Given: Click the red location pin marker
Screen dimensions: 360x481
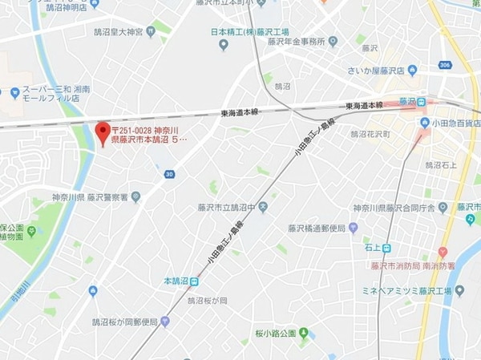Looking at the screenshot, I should coord(102,131).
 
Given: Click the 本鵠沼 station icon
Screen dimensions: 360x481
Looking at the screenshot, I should coord(192,281).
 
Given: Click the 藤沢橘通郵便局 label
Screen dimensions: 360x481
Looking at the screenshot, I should coord(317,228).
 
